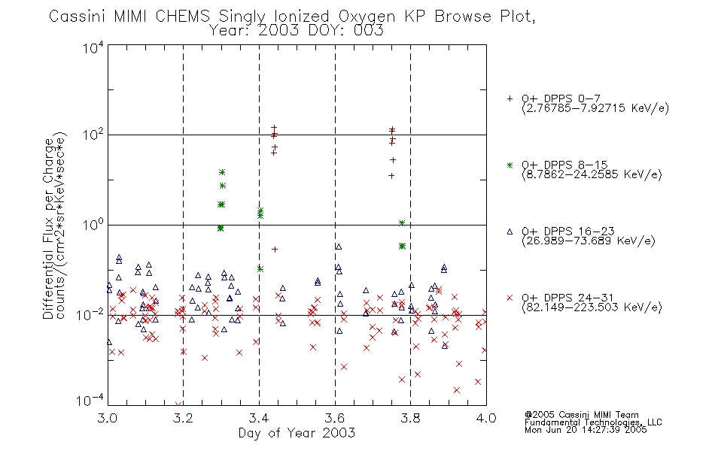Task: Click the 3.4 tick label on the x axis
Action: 259,418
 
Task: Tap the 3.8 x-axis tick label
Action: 410,418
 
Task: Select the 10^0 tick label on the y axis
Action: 93,225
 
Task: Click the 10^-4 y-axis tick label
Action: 90,401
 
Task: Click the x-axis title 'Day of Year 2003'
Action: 297,433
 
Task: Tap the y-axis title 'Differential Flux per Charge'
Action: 48,229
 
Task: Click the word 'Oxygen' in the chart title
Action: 367,17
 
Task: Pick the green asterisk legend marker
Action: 510,165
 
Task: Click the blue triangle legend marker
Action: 510,232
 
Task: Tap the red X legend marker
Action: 510,298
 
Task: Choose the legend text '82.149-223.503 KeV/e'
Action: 592,307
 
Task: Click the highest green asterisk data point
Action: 222,172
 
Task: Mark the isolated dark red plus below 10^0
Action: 275,250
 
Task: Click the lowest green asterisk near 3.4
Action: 260,269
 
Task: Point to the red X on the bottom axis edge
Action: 178,404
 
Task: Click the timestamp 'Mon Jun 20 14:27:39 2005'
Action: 586,430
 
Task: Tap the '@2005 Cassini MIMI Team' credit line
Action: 581,415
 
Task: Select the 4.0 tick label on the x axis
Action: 486,418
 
